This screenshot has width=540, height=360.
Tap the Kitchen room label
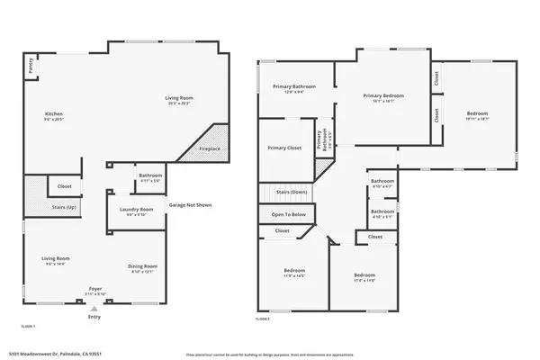click(x=54, y=116)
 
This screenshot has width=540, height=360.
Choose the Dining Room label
click(x=143, y=267)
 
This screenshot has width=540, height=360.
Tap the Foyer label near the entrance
click(x=94, y=290)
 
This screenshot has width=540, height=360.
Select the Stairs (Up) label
click(x=64, y=206)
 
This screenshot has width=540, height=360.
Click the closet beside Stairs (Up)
click(x=65, y=187)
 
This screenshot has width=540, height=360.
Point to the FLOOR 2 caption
click(x=262, y=319)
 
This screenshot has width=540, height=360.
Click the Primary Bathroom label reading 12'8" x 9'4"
click(x=295, y=88)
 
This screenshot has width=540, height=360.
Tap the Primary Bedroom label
click(x=382, y=97)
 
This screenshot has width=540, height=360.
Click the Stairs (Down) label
click(x=292, y=192)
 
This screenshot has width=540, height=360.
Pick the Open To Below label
click(x=288, y=214)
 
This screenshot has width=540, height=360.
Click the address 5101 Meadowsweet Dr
click(x=54, y=354)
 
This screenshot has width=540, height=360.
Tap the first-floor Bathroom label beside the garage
click(x=149, y=176)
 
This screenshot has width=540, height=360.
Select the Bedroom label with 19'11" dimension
click(x=476, y=115)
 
